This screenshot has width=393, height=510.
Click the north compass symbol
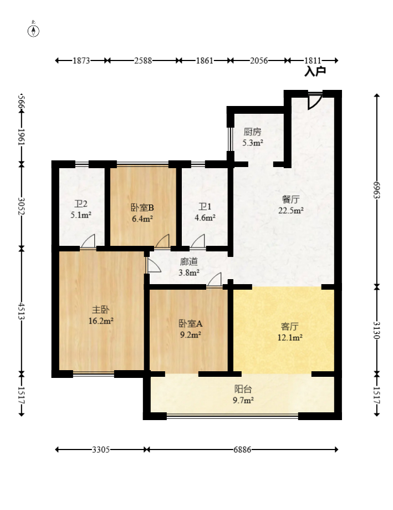pyautogui.click(x=34, y=31)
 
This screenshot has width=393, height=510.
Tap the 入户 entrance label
pyautogui.click(x=314, y=71)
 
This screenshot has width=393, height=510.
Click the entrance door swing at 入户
pyautogui.click(x=314, y=100)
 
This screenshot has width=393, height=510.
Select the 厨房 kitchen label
pyautogui.click(x=252, y=132)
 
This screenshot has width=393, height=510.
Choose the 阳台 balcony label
pyautogui.click(x=243, y=390)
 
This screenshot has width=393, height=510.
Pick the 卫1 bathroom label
pyautogui.click(x=205, y=208)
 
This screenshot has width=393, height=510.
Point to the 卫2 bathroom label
pyautogui.click(x=80, y=204)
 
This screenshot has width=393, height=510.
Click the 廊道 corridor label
pyautogui.click(x=188, y=262)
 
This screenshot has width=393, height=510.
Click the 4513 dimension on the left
pyautogui.click(x=21, y=311)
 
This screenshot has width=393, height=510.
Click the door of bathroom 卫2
pyautogui.click(x=88, y=242)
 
